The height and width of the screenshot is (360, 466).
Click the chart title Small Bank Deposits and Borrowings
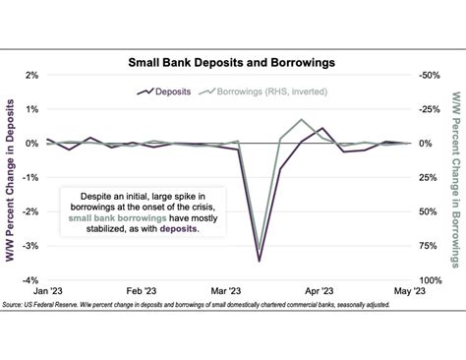232,61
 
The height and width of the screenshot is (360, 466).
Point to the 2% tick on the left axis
32,75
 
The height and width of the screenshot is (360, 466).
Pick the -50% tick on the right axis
430,75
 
